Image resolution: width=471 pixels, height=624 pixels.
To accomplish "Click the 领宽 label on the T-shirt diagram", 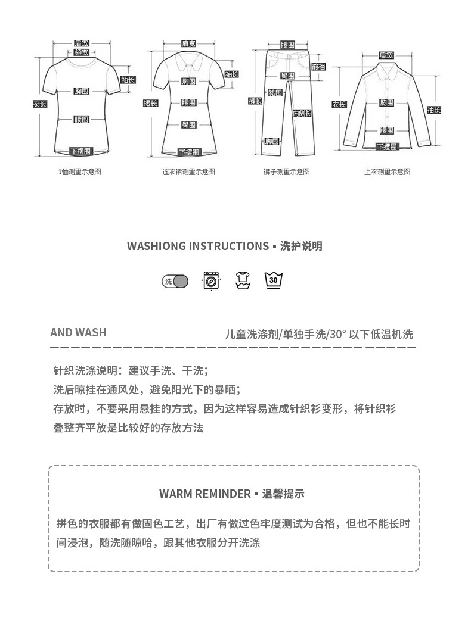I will (x=82, y=52).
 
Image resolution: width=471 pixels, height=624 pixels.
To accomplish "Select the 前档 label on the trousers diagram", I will (x=319, y=67).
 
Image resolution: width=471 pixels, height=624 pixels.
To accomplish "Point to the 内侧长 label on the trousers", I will (x=300, y=113).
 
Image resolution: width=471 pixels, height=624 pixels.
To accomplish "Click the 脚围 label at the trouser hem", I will (x=272, y=141).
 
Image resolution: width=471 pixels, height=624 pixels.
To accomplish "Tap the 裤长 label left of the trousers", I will (x=255, y=101).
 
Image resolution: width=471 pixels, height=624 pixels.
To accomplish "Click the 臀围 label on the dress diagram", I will (x=189, y=124).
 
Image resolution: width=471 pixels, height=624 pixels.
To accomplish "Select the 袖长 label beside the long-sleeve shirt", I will (x=433, y=110).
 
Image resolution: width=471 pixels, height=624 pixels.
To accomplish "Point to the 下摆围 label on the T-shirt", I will (x=82, y=151).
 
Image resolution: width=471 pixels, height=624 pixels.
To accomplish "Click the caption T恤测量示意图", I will (x=79, y=171).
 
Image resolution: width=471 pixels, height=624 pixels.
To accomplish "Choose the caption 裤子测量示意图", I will (x=287, y=171).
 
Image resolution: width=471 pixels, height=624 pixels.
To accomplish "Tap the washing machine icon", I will (x=211, y=280).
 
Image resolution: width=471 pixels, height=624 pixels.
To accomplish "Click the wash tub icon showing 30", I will (x=273, y=280).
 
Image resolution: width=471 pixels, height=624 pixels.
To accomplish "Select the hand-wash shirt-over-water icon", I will (x=243, y=280).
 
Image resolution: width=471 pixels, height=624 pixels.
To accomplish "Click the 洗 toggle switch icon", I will (x=175, y=281).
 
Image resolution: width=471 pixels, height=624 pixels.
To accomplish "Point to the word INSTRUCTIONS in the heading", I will (x=228, y=246).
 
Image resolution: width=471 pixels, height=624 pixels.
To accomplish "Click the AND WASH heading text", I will (x=78, y=332).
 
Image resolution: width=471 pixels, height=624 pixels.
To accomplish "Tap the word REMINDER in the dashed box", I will (x=221, y=494).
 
